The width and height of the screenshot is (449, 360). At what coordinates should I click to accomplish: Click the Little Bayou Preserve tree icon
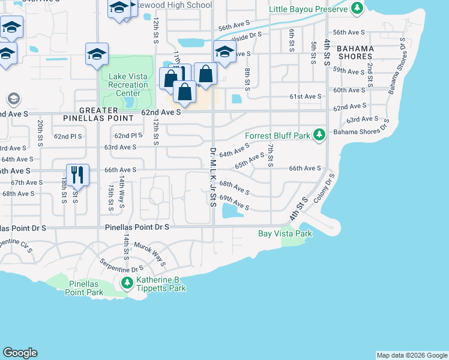[358, 9]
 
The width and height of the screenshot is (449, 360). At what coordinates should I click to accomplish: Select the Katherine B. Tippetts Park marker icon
[127, 283]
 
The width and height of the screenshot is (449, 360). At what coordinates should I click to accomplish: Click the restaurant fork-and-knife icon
[77, 174]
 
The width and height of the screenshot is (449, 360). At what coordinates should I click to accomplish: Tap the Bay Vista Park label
[285, 233]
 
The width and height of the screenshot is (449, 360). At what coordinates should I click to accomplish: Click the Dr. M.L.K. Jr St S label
[213, 177]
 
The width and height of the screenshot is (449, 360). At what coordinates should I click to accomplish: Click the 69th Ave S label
[234, 202]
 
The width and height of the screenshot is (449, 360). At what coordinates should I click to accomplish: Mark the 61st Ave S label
[306, 97]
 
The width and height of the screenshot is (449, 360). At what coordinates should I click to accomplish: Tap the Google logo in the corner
[20, 353]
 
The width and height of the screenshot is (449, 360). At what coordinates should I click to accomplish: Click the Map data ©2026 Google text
[411, 355]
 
